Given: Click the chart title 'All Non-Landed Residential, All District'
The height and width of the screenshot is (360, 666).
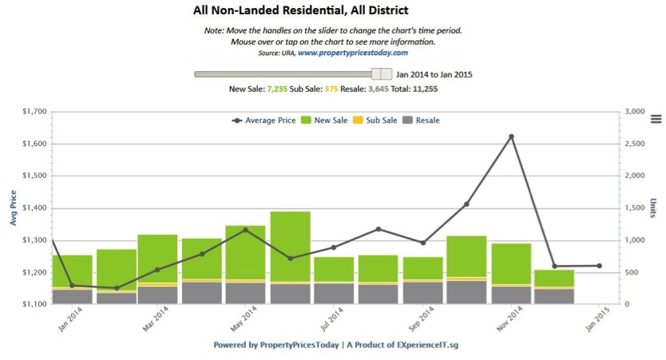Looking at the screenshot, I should pyautogui.click(x=300, y=10).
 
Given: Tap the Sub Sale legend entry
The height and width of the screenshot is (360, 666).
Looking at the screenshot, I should pyautogui.click(x=375, y=121).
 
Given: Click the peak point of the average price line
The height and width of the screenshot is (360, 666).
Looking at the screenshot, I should pyautogui.click(x=511, y=136).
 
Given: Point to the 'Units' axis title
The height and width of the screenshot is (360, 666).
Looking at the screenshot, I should pyautogui.click(x=652, y=209).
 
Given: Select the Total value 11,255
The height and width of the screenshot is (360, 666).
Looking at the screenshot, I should pyautogui.click(x=425, y=89).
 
